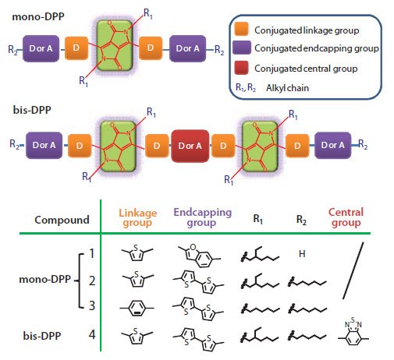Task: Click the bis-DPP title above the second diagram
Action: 23,109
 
